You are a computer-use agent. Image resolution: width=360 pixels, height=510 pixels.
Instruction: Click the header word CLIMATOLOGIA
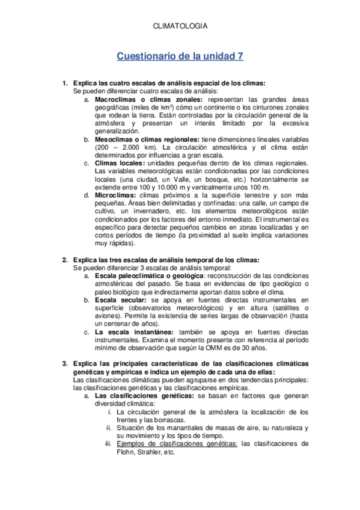(x=180, y=26)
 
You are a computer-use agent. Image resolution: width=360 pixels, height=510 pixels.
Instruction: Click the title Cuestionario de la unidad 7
(x=180, y=57)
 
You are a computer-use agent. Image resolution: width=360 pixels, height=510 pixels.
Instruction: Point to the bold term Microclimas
(x=115, y=195)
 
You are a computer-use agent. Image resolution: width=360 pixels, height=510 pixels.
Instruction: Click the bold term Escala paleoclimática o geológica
(x=158, y=276)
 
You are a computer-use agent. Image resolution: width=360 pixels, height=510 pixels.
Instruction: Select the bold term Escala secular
(x=120, y=300)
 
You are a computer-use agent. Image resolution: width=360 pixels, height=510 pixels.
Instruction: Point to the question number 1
(x=65, y=84)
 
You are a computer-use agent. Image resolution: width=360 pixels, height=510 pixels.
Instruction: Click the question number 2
(x=65, y=260)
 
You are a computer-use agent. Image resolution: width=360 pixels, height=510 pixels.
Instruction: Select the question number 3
(x=65, y=364)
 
